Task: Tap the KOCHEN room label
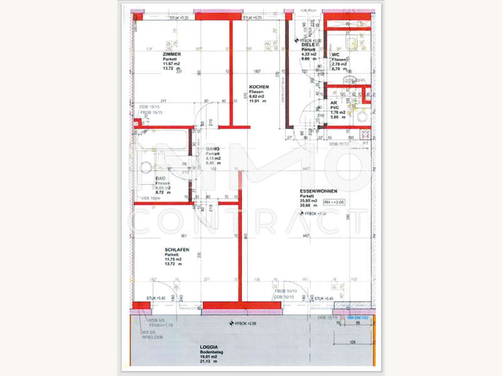(259, 86)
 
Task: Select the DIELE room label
(307, 44)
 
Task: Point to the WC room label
(335, 55)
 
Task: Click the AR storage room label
(334, 103)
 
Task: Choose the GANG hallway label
(212, 149)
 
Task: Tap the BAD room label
(161, 178)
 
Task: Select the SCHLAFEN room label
(177, 249)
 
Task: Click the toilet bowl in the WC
(352, 43)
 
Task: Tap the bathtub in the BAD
(161, 149)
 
